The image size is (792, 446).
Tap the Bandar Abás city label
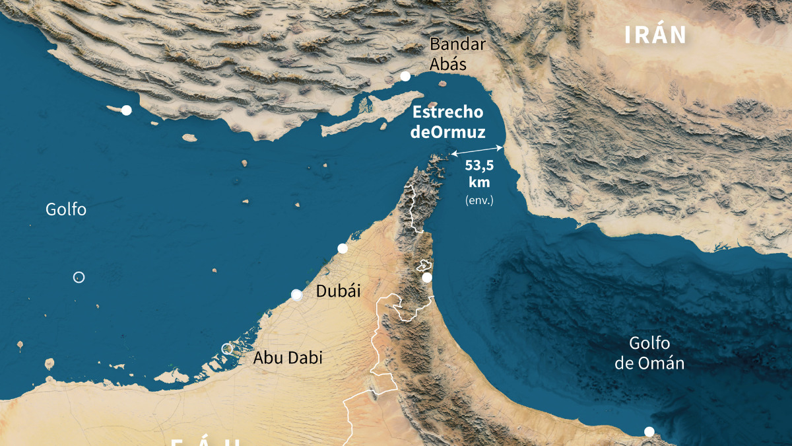[457, 54]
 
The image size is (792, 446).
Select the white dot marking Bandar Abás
[405, 77]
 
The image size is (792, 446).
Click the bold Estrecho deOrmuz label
[447, 122]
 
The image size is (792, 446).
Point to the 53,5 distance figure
[479, 166]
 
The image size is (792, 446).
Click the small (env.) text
[479, 200]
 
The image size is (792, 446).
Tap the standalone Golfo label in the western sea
[66, 209]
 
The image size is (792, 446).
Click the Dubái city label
[339, 291]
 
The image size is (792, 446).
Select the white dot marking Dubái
[296, 295]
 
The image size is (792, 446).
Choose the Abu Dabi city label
[288, 357]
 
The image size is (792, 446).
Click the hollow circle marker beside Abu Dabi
[227, 348]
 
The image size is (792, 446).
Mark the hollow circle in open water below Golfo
[79, 278]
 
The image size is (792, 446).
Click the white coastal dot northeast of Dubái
[343, 248]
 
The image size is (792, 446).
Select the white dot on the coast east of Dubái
[427, 278]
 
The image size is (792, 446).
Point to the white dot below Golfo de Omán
[649, 431]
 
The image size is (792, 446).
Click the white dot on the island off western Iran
[126, 110]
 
